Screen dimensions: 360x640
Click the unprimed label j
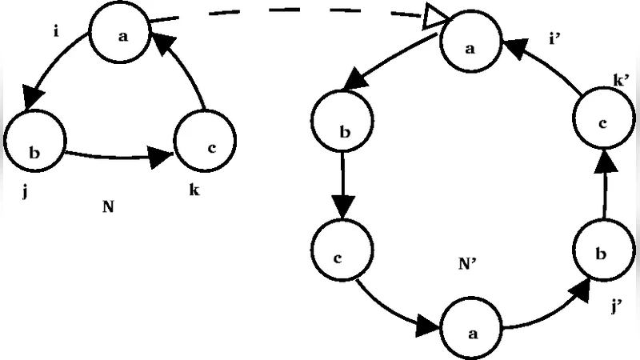[26, 193]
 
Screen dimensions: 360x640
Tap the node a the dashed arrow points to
[471, 46]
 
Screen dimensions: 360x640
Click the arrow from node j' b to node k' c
[606, 189]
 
